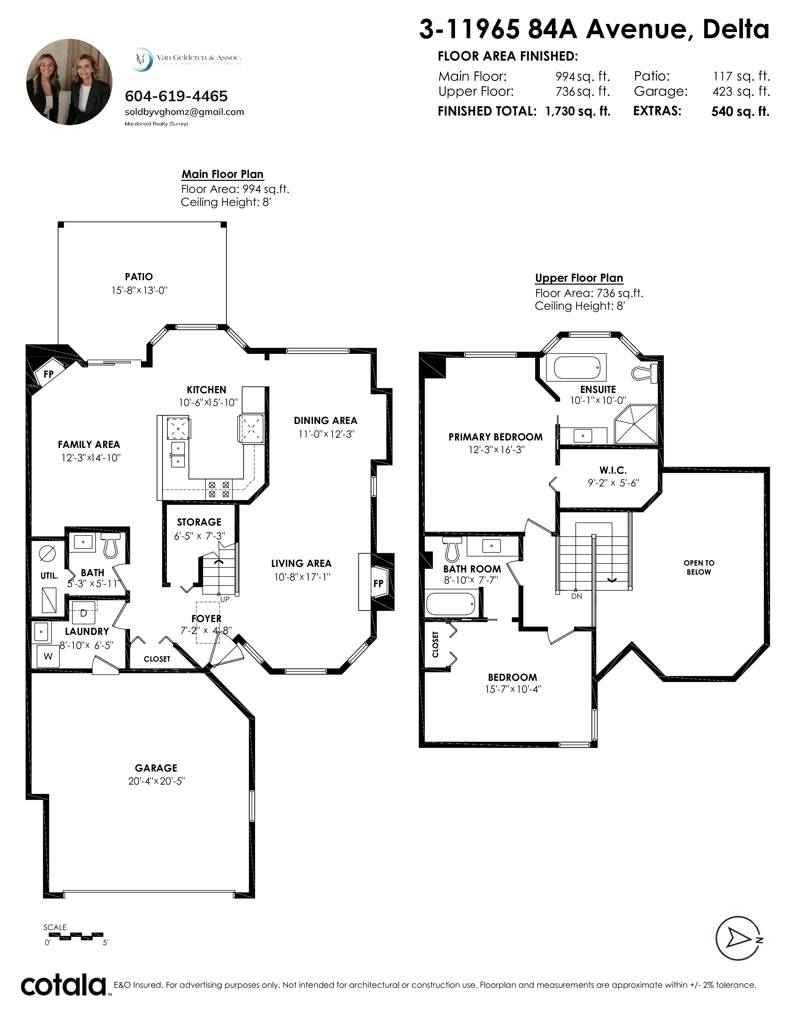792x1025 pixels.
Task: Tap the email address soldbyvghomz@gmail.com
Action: [184, 112]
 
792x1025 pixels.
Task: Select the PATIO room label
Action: [139, 277]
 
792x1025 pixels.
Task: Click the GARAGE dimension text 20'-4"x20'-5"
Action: [157, 781]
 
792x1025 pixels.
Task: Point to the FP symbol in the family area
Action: [48, 374]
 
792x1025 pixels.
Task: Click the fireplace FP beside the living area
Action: [379, 583]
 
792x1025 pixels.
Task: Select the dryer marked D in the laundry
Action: [84, 613]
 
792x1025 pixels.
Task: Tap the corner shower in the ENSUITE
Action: [636, 424]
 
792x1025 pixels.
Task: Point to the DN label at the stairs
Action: [577, 596]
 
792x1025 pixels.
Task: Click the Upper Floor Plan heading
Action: [579, 278]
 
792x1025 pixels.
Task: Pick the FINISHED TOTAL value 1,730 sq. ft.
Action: [578, 112]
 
